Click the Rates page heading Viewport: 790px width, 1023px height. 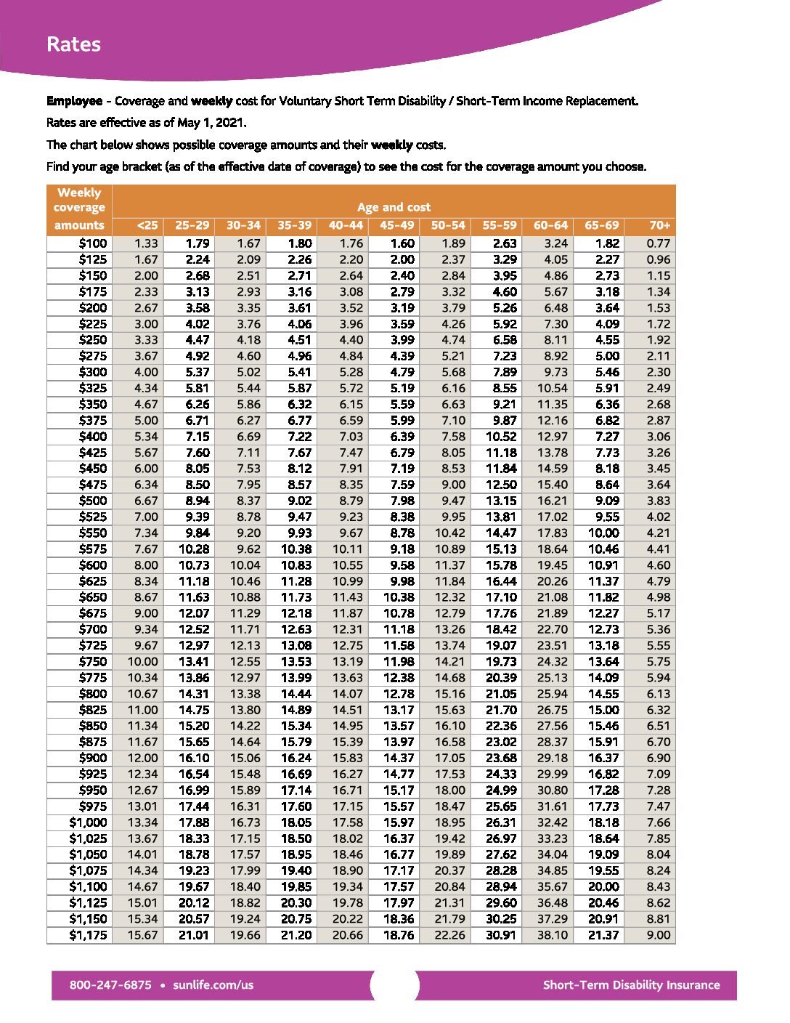pos(73,44)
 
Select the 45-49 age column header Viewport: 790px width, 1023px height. pos(396,225)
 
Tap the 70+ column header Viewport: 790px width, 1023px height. pos(659,225)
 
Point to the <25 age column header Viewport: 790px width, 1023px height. pos(147,225)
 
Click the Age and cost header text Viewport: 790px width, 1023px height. pos(394,207)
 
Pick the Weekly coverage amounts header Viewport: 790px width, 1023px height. pos(79,209)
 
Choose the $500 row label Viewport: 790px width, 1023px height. pos(92,501)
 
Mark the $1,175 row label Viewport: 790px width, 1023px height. pos(88,935)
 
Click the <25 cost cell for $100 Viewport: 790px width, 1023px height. pos(146,243)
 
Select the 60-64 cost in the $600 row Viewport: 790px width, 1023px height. pos(552,565)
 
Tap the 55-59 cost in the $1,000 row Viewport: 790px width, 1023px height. pos(501,822)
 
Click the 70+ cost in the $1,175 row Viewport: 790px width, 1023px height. pos(658,935)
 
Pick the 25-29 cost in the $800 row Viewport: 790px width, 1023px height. pos(194,694)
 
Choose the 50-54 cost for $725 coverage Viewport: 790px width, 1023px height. pos(449,645)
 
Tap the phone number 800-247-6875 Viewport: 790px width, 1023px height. pos(110,985)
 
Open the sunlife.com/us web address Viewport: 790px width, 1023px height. pos(213,985)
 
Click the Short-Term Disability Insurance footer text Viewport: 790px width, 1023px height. pos(631,985)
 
